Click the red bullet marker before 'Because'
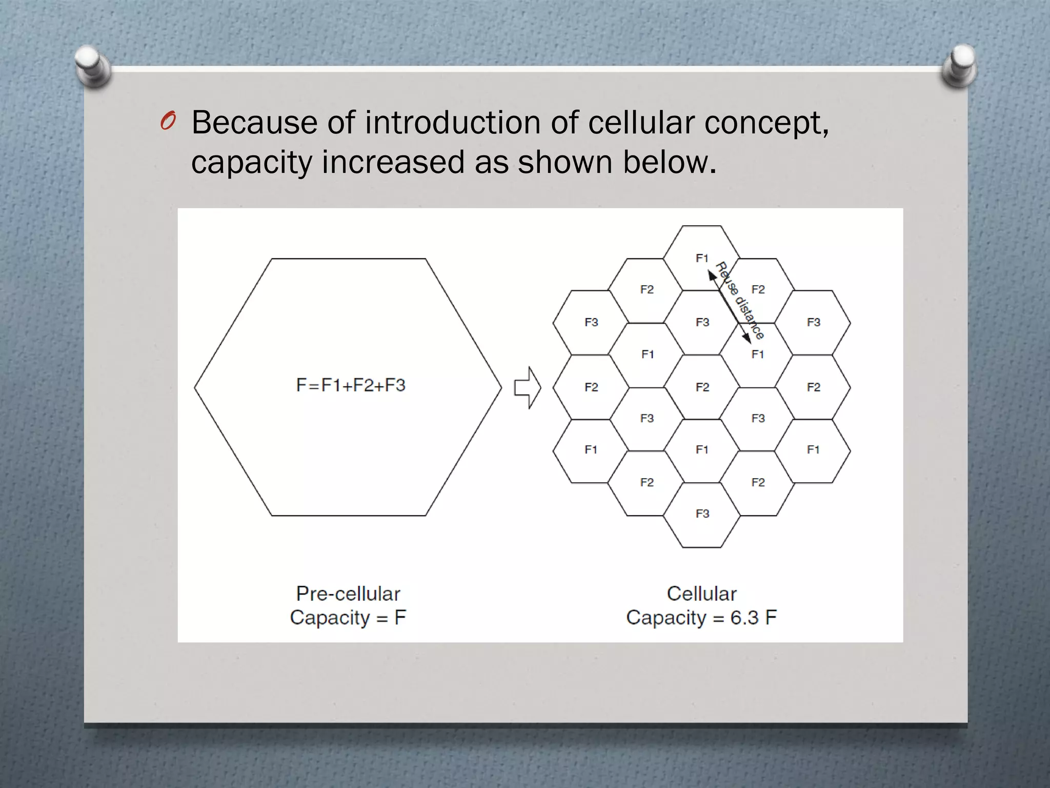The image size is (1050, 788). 168,122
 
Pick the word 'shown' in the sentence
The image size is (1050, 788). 564,162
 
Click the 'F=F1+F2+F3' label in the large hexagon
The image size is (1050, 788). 351,385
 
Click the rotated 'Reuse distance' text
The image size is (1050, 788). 739,301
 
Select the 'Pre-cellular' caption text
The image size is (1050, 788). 348,594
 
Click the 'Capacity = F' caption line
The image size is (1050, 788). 348,617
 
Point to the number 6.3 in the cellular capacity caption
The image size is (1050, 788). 744,617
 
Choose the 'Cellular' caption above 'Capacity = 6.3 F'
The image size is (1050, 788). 701,594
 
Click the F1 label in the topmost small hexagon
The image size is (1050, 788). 702,258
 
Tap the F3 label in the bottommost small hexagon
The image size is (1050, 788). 702,514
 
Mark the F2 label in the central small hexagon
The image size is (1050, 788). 702,387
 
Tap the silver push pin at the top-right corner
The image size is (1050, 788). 960,64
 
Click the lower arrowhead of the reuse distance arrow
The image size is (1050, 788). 747,338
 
